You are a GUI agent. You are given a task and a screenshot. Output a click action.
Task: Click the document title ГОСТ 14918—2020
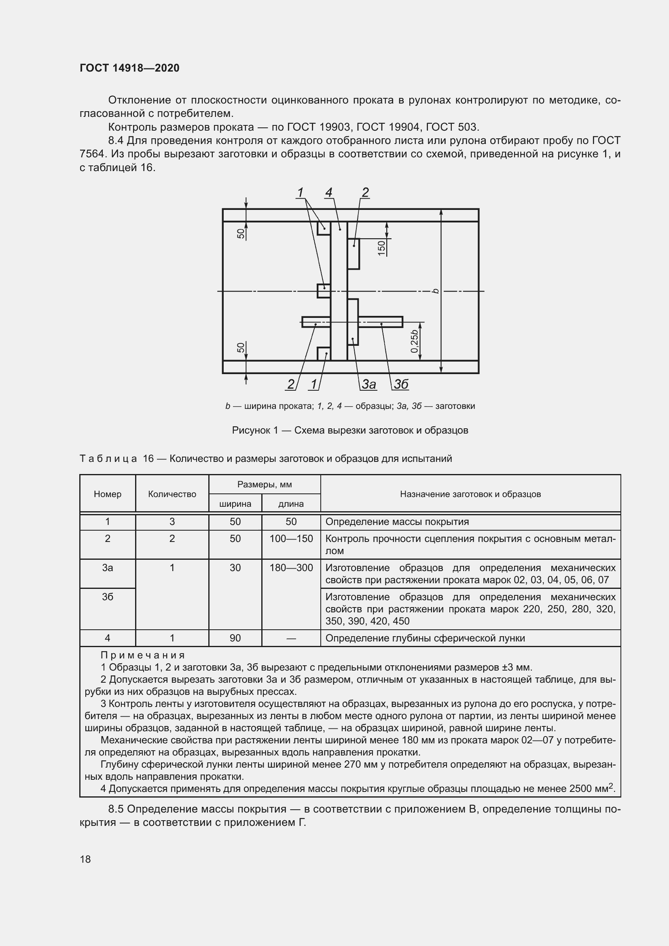point(129,68)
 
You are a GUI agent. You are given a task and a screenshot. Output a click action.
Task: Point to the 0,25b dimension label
point(415,341)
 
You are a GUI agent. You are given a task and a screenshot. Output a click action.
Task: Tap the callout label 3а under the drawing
point(369,384)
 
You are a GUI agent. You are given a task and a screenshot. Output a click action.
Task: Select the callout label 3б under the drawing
point(401,384)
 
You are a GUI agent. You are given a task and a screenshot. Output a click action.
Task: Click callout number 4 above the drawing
point(328,193)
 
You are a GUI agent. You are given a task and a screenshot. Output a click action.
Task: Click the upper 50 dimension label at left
point(241,234)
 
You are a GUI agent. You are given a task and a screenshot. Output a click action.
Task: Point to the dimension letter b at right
point(436,291)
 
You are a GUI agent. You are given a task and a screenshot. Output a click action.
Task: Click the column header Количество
point(172,494)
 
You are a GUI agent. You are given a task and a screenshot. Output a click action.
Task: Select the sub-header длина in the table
point(291,504)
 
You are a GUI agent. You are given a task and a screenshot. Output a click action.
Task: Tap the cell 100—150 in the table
point(291,538)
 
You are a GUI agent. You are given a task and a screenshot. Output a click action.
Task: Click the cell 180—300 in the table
point(291,568)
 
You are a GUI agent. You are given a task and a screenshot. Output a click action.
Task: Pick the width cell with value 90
point(235,638)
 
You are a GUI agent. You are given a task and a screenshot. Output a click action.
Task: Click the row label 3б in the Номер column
point(107,597)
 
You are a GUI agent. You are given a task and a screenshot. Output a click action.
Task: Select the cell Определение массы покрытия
point(397,522)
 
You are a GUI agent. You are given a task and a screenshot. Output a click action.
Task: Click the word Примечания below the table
point(142,655)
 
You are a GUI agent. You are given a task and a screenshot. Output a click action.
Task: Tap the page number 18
point(85,859)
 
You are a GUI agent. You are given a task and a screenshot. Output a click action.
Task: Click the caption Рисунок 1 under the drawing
point(255,431)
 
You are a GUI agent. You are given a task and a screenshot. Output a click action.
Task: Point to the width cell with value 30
point(235,568)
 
